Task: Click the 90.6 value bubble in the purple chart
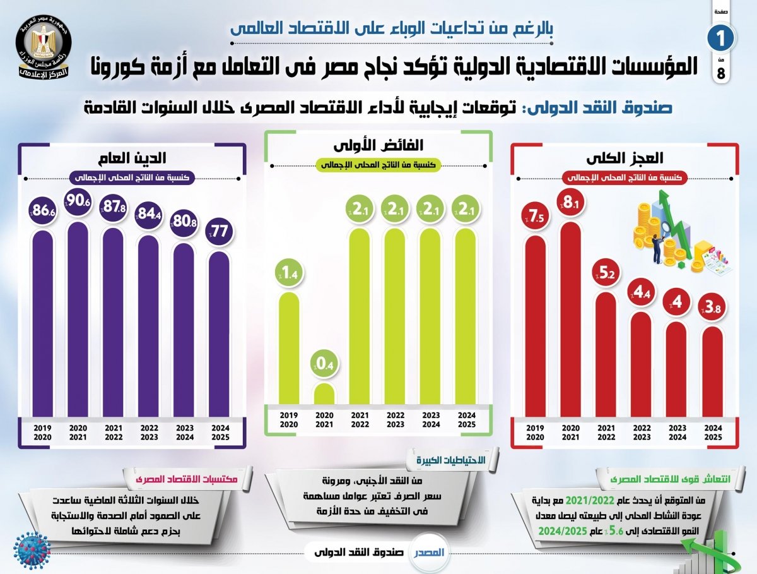pyautogui.click(x=78, y=201)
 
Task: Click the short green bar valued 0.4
pyautogui.click(x=324, y=393)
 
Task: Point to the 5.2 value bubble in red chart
pyautogui.click(x=605, y=273)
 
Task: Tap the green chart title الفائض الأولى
pyautogui.click(x=378, y=146)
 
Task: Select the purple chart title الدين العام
pyautogui.click(x=131, y=158)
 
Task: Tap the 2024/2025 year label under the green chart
pyautogui.click(x=467, y=419)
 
